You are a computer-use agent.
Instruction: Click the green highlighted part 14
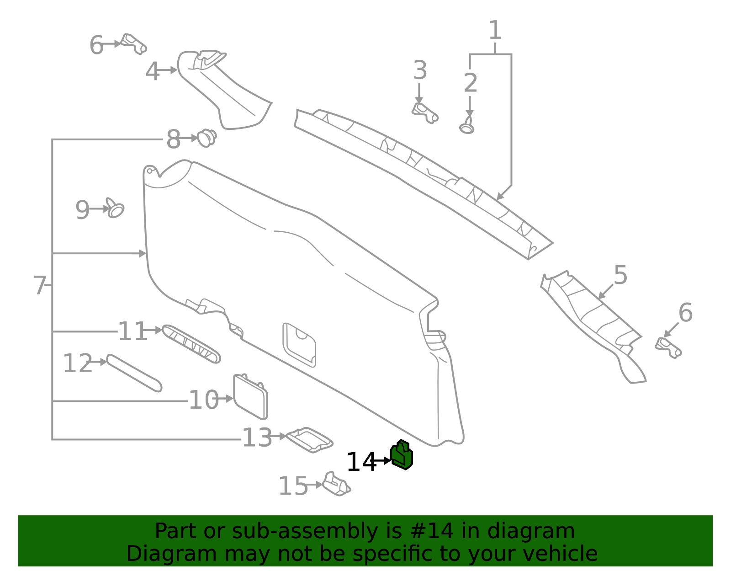[x=402, y=455]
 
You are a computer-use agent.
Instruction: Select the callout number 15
[x=293, y=486]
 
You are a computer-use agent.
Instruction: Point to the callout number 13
[x=257, y=438]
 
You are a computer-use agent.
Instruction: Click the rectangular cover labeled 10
[x=250, y=396]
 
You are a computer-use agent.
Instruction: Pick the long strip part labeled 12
[x=134, y=373]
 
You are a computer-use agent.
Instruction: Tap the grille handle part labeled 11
[x=191, y=344]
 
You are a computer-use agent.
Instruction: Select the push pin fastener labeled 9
[x=115, y=208]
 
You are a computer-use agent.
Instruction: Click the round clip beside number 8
[x=207, y=138]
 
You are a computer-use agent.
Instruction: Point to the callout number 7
[x=40, y=285]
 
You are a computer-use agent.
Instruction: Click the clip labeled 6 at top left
[x=133, y=43]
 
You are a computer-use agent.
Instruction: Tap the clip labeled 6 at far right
[x=668, y=347]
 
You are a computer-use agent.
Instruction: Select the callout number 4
[x=152, y=72]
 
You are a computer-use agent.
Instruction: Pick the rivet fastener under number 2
[x=467, y=126]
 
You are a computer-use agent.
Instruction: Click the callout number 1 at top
[x=495, y=31]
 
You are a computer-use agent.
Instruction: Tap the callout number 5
[x=620, y=275]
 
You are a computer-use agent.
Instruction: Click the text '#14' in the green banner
[x=432, y=531]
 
